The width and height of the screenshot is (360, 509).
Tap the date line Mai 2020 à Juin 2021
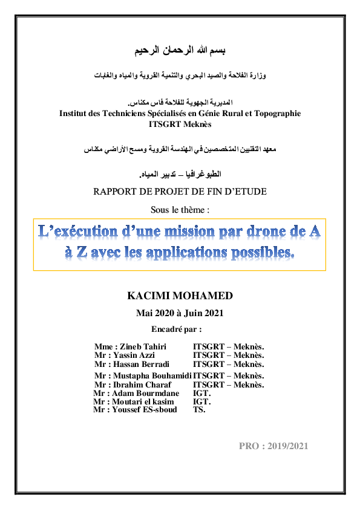[180, 313]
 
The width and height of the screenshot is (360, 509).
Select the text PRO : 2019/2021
[273, 446]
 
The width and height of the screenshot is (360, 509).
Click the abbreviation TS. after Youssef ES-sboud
[199, 410]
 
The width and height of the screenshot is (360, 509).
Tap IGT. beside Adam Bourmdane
[201, 394]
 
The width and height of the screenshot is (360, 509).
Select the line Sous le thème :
[180, 210]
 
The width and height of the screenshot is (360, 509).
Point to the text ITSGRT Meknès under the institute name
[180, 124]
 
